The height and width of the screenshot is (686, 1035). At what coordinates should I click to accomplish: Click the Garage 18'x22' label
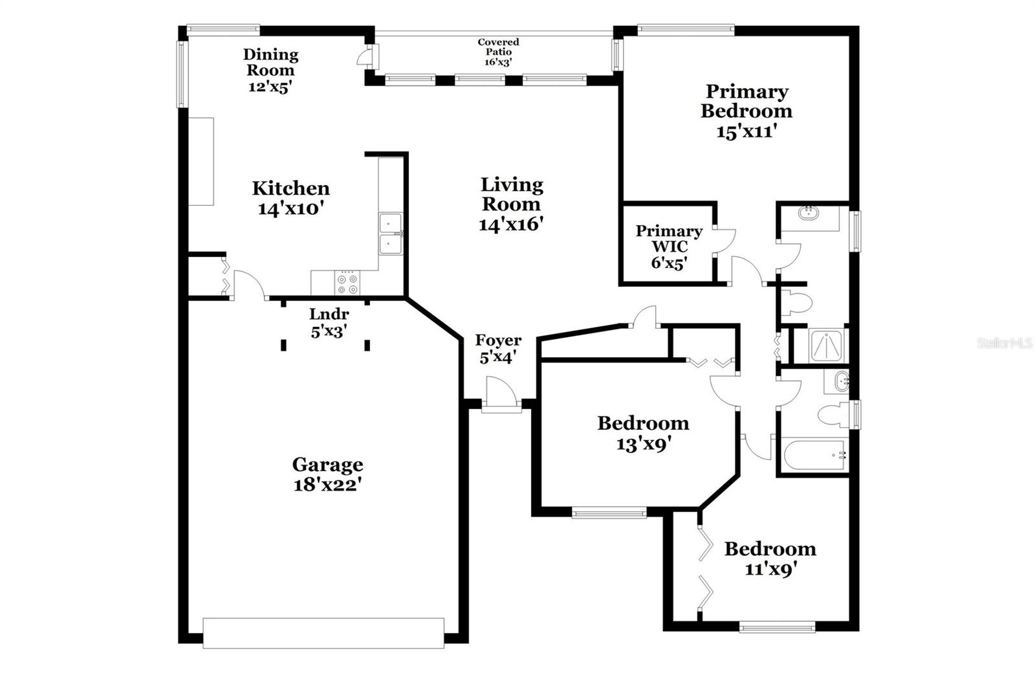[327, 474]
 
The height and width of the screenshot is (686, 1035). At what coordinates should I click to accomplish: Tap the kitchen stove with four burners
[347, 283]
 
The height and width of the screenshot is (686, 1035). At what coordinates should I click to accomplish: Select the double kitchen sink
[390, 234]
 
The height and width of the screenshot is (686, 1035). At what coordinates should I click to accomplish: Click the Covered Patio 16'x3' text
[498, 52]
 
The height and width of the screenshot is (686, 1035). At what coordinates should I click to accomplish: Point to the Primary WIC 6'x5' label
[668, 247]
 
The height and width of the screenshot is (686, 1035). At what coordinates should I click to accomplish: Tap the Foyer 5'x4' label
[497, 348]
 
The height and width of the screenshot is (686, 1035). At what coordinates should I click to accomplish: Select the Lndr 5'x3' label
[329, 322]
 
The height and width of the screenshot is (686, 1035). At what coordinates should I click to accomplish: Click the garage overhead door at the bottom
[323, 633]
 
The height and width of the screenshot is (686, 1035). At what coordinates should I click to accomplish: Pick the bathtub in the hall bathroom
[814, 455]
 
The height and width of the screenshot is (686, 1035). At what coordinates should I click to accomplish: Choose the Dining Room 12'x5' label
[270, 70]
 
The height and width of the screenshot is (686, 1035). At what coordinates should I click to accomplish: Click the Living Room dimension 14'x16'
[510, 225]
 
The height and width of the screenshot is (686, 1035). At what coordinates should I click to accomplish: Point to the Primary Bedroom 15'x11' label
[746, 111]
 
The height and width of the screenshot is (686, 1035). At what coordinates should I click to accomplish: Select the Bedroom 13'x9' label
[642, 433]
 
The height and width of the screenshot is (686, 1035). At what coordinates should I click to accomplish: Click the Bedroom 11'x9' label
[770, 559]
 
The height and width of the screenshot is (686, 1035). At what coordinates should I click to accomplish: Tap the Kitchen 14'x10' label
[290, 198]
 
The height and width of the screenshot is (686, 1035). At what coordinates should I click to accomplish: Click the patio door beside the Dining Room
[366, 55]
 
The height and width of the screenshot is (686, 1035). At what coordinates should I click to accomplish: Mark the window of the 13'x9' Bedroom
[609, 513]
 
